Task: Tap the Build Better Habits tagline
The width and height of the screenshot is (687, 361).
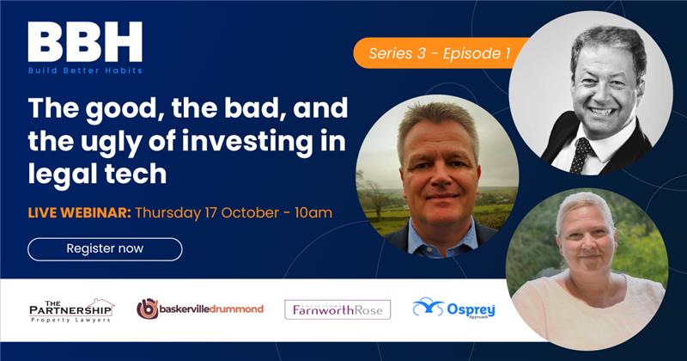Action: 84,70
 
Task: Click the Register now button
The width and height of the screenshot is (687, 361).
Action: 105,249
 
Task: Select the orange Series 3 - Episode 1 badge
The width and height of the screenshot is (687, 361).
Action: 439,53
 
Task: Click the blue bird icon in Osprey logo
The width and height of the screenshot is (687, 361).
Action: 428,307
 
